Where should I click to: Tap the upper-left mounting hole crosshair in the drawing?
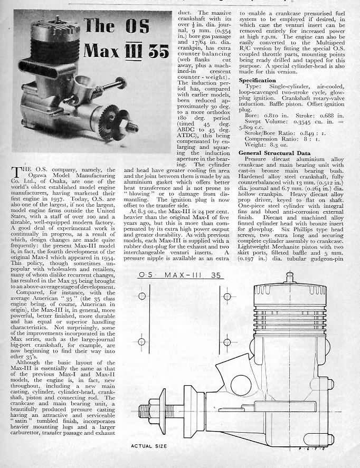click(141, 296)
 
